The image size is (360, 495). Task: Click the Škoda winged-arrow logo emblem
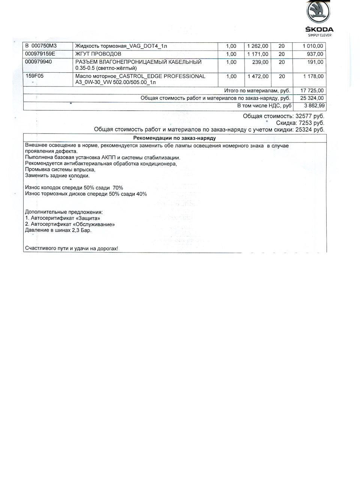coord(318,12)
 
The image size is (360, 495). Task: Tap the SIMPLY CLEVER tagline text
coord(319,35)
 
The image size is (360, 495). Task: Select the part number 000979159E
coord(40,54)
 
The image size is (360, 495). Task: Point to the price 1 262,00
coord(258,46)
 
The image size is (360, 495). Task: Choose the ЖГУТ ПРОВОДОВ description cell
coord(98,54)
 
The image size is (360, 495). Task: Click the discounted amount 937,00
coord(315,54)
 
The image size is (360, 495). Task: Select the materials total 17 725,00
coord(312,90)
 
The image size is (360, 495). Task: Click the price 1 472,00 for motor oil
coord(258,76)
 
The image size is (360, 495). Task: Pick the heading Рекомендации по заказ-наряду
coord(174,138)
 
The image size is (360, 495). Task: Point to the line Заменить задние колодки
coord(57,175)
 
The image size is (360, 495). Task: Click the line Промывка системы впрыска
coord(60,169)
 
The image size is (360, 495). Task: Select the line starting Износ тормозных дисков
coord(86,194)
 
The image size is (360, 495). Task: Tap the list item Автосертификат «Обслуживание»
coord(70,224)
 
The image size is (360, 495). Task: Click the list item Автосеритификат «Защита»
coord(63,218)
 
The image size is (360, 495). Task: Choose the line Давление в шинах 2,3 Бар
coord(58,230)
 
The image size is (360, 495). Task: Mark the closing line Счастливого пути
coord(71,248)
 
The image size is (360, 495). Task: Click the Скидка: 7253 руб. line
coord(300,123)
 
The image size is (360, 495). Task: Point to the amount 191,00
coord(315,62)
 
